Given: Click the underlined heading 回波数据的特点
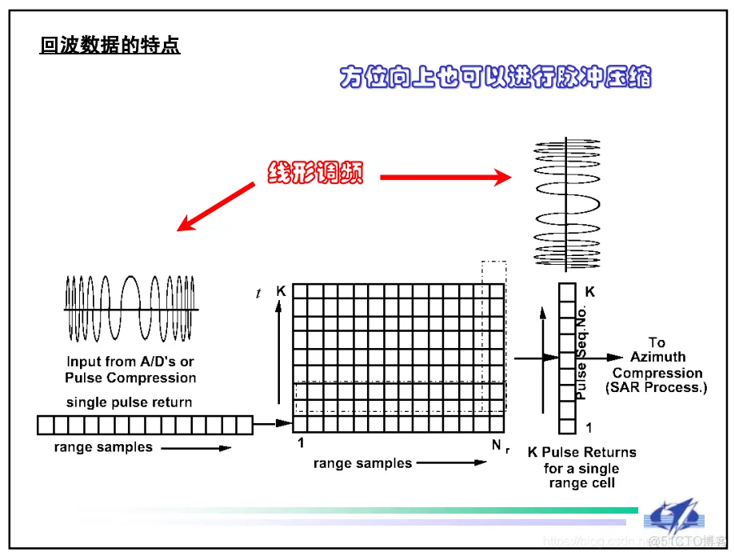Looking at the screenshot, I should coord(110,46).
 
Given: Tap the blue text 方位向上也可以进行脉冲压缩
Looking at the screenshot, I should coord(495,78).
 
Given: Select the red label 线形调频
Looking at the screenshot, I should coord(314,172).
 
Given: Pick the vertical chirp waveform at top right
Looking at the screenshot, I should coord(565,203).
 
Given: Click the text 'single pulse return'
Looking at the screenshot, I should coord(129,402).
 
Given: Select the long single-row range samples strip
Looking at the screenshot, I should coord(145,424).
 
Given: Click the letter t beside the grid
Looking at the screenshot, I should coord(258,294).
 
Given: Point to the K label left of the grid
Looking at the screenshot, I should coord(281,291).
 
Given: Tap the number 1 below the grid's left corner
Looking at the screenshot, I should coord(301,442).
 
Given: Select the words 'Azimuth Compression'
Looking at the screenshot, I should coord(657,365).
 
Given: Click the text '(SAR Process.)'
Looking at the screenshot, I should coord(657,388).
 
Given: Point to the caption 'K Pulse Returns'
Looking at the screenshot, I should coord(582,452).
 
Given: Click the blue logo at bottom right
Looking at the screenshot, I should coord(674,518).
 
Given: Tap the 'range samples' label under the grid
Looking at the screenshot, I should coord(362,463).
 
